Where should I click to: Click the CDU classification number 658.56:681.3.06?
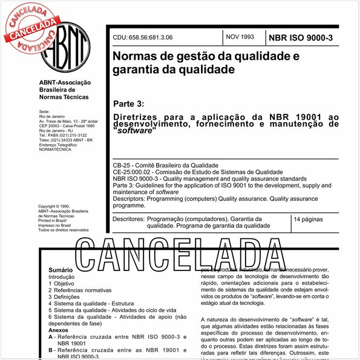pos(142,38)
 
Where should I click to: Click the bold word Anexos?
pos(59,331)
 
